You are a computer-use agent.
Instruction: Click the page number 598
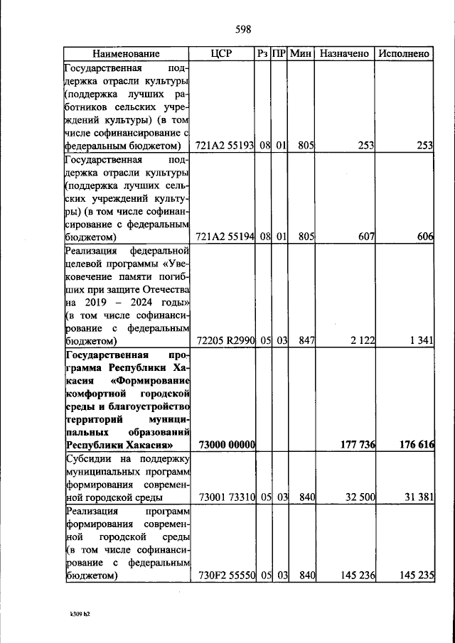[x=243, y=29]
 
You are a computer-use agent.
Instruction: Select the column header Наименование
[x=125, y=54]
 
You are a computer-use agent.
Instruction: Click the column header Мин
[x=301, y=54]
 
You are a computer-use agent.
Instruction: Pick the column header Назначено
[x=345, y=54]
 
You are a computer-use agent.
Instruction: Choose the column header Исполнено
[x=404, y=54]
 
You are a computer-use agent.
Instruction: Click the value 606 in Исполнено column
[x=425, y=237]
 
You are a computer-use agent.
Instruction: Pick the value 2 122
[x=360, y=340]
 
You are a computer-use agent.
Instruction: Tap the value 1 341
[x=421, y=340]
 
